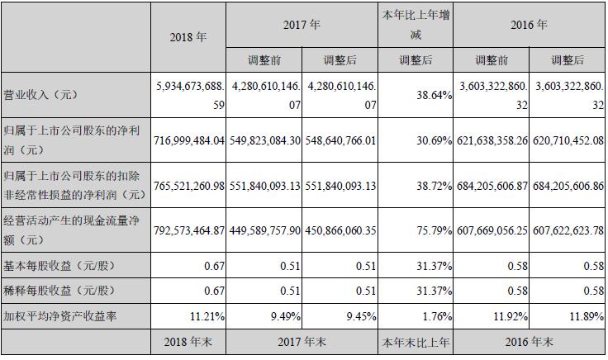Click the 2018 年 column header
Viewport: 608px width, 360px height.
[x=188, y=39]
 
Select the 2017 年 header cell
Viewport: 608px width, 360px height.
[x=302, y=25]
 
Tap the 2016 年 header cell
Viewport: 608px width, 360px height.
[x=529, y=25]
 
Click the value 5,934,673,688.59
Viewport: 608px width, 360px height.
[x=189, y=95]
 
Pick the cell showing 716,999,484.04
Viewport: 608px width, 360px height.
[x=189, y=141]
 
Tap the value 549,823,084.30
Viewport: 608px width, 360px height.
[x=264, y=141]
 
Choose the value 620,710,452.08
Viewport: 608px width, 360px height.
[x=568, y=141]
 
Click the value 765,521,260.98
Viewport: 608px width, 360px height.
[x=189, y=187]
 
